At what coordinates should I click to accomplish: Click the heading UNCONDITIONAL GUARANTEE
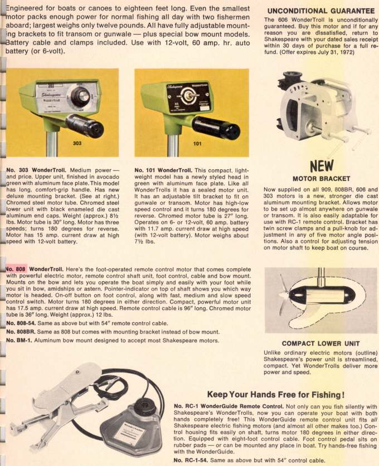point(321,11)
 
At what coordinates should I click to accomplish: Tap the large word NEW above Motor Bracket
point(322,166)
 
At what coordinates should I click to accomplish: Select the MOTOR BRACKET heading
point(321,179)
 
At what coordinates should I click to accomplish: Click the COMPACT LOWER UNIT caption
point(320,344)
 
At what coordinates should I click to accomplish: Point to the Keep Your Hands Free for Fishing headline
point(276,395)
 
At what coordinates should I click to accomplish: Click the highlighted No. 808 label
point(16,269)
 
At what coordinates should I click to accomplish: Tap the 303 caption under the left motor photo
point(77,143)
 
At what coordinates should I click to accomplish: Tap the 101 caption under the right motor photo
point(197,144)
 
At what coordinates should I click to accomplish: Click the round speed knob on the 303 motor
point(80,95)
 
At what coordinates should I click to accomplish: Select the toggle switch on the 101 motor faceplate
point(188,96)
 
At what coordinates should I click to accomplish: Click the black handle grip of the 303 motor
point(85,126)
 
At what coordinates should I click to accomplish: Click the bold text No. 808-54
point(21,323)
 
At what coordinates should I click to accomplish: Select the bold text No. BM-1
point(19,340)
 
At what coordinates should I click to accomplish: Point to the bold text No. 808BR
point(21,332)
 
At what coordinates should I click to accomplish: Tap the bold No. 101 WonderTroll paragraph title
point(163,170)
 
